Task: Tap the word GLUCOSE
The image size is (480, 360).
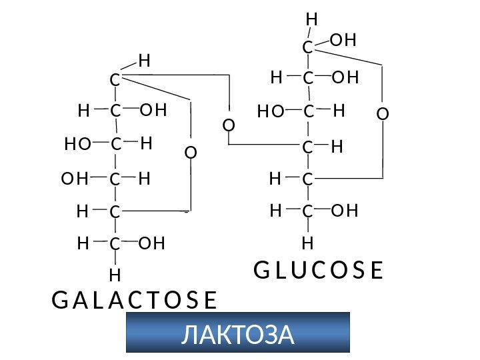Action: pyautogui.click(x=319, y=271)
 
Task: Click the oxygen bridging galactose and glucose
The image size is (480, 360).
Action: pyautogui.click(x=229, y=125)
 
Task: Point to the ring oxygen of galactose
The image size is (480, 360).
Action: pyautogui.click(x=191, y=153)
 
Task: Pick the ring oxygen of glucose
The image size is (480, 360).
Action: pyautogui.click(x=382, y=114)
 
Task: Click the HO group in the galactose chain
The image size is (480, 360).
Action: pyautogui.click(x=78, y=144)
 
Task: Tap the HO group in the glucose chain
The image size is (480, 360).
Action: pyautogui.click(x=271, y=113)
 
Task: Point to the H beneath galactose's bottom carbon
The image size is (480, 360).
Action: pyautogui.click(x=115, y=274)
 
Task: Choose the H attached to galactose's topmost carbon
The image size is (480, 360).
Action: pyautogui.click(x=145, y=62)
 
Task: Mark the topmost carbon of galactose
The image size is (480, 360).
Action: pyautogui.click(x=115, y=80)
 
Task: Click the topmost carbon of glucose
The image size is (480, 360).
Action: pyautogui.click(x=307, y=48)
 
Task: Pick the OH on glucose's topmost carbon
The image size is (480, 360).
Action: pyautogui.click(x=343, y=41)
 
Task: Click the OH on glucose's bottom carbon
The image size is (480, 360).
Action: pyautogui.click(x=345, y=211)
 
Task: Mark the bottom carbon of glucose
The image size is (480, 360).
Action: pyautogui.click(x=307, y=212)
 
